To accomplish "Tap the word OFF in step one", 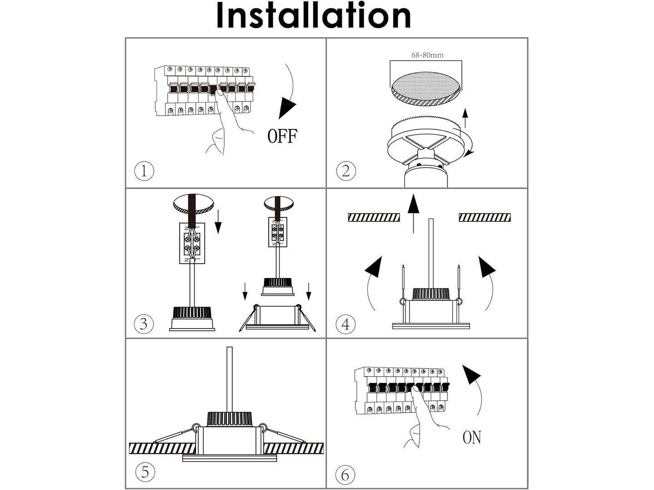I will tap(282, 136).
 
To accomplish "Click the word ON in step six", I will tap(471, 437).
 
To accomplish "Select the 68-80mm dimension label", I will tap(427, 55).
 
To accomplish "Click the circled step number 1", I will tap(144, 171).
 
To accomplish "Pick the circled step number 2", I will tap(346, 171).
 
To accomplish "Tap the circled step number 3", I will tap(144, 324).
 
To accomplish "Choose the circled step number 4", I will tap(346, 324).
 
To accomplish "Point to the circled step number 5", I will tap(145, 472).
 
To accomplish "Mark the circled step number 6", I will tap(345, 475).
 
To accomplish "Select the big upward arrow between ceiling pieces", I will tap(413, 213).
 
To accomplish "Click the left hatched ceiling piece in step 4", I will tap(373, 217).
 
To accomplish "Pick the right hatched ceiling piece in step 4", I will tap(485, 217).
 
